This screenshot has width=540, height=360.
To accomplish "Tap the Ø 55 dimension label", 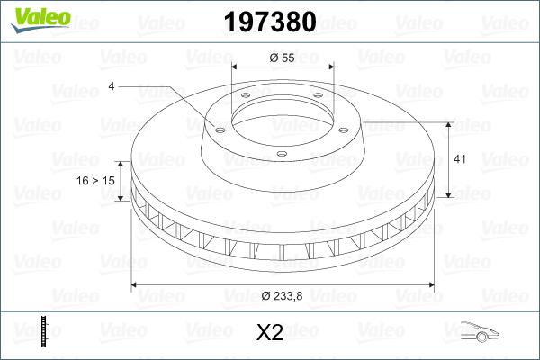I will (x=283, y=57).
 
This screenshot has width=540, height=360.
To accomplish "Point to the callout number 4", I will (x=111, y=86).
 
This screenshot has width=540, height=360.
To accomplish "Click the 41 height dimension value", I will (x=458, y=159).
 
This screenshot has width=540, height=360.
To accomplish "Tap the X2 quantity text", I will (x=270, y=333).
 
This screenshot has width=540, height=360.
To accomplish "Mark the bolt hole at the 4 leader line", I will (x=217, y=128).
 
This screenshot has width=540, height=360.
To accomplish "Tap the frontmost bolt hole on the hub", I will (x=281, y=155).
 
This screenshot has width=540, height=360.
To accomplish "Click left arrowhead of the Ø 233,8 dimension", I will (x=136, y=285).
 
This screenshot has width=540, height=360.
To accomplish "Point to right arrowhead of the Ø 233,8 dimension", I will (x=429, y=285).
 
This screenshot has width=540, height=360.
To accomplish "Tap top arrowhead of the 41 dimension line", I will (x=448, y=122).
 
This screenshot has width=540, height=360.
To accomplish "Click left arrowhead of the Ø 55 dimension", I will (x=235, y=67).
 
